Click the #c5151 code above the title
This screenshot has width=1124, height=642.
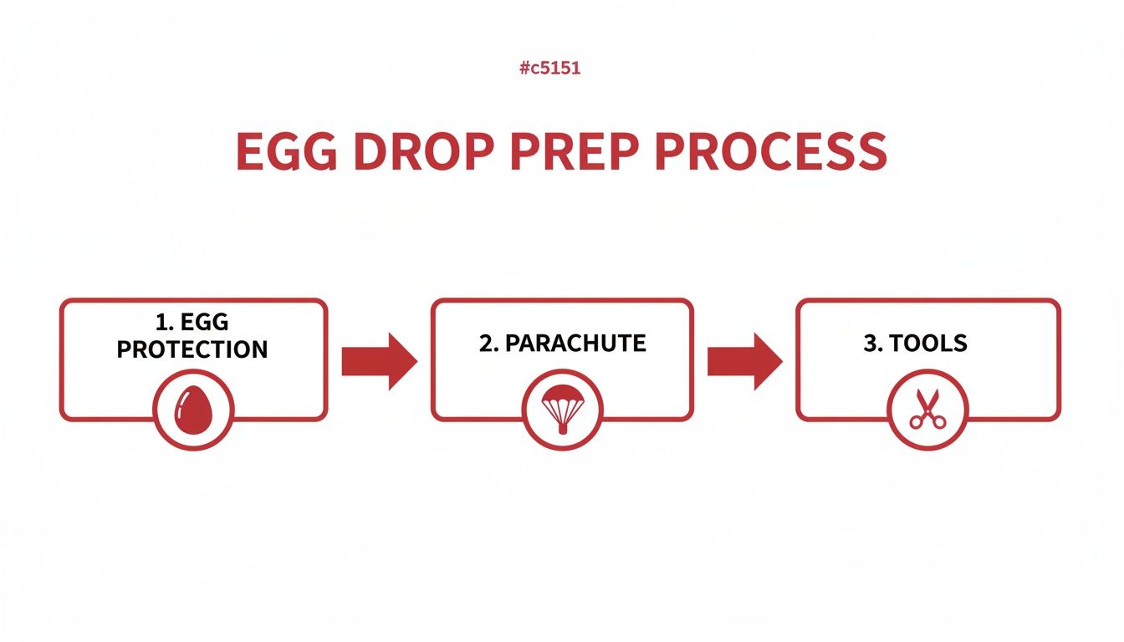549,69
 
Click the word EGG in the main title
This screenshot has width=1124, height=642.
286,151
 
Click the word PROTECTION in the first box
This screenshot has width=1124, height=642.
192,349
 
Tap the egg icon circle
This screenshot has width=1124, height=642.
193,410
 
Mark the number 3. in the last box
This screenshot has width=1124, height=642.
872,344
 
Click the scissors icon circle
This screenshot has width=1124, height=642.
927,410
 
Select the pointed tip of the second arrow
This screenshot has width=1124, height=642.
780,361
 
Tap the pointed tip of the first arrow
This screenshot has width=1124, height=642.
415,361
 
